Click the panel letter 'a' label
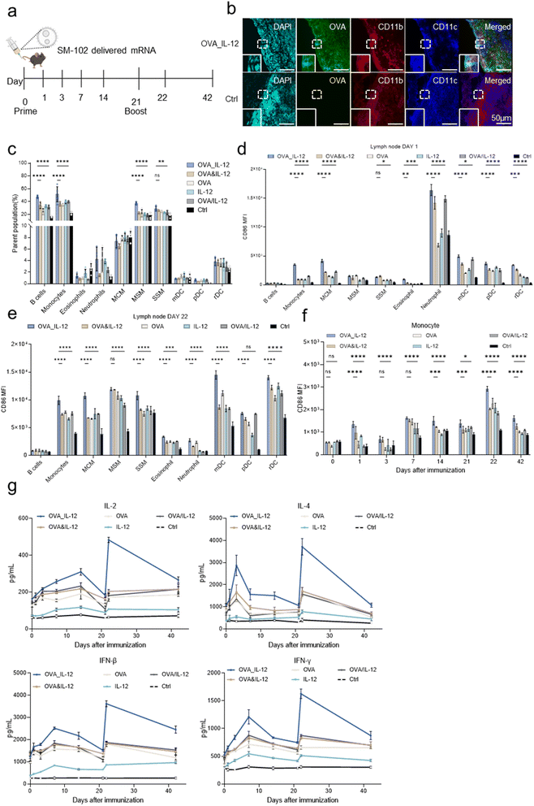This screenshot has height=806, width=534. (6, 8)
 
